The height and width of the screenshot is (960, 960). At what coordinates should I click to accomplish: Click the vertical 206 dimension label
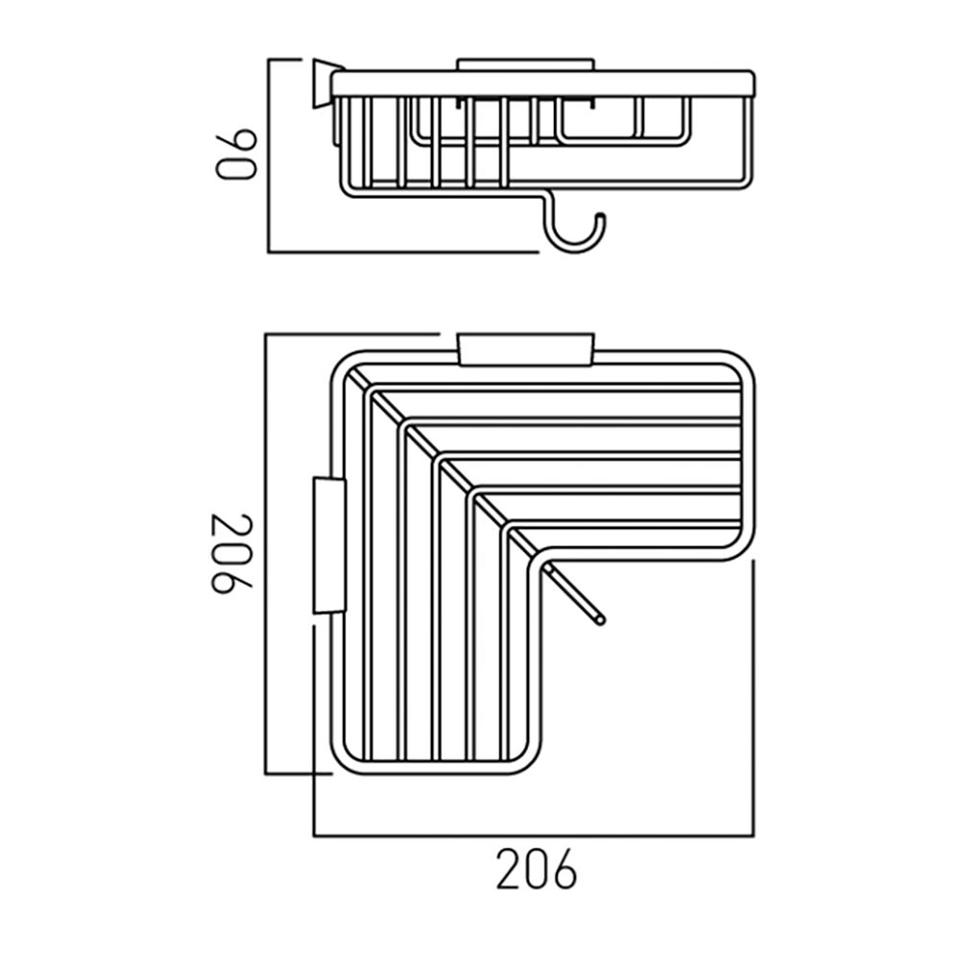pyautogui.click(x=232, y=554)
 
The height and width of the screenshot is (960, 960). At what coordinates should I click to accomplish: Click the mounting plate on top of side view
pyautogui.click(x=525, y=65)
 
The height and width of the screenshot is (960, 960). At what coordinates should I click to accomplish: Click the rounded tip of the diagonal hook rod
pyautogui.click(x=600, y=620)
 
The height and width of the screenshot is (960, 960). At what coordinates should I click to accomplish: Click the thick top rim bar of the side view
pyautogui.click(x=543, y=83)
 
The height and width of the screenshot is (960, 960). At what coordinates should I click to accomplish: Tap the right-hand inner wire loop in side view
pyautogui.click(x=624, y=125)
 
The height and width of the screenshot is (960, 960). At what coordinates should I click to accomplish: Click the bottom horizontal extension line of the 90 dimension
pyautogui.click(x=403, y=252)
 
